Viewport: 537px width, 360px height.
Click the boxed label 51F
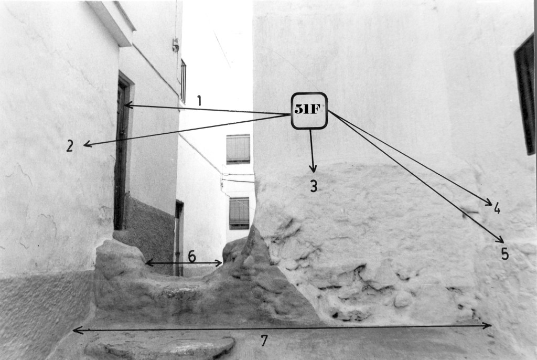pyautogui.click(x=309, y=111)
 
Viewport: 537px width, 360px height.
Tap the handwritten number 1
pyautogui.click(x=199, y=101)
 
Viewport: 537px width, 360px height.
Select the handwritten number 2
pyautogui.click(x=70, y=146)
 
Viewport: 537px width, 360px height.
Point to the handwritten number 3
pyautogui.click(x=314, y=186)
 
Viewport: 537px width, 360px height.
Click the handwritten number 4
pyautogui.click(x=497, y=208)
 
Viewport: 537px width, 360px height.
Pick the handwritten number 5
pyautogui.click(x=504, y=253)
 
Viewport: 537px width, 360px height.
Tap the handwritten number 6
pyautogui.click(x=192, y=256)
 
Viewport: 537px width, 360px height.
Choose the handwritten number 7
pyautogui.click(x=264, y=341)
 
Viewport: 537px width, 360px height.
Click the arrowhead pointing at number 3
pyautogui.click(x=313, y=168)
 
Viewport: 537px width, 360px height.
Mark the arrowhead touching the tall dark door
pyautogui.click(x=128, y=105)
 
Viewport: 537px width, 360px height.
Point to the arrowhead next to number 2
pyautogui.click(x=88, y=144)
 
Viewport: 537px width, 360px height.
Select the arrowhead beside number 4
pyautogui.click(x=489, y=203)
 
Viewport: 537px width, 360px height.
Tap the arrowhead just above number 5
pyautogui.click(x=500, y=239)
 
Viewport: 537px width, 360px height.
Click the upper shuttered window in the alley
pyautogui.click(x=238, y=149)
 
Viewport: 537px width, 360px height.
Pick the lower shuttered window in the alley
pyautogui.click(x=239, y=213)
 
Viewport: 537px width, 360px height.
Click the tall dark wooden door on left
pyautogui.click(x=121, y=153)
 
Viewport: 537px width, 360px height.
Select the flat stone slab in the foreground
pyautogui.click(x=160, y=347)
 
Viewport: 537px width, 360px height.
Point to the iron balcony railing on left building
pyautogui.click(x=183, y=81)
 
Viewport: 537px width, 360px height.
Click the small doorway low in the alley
pyautogui.click(x=179, y=238)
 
